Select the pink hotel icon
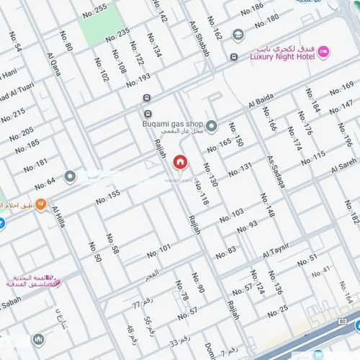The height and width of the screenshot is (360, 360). (324, 51)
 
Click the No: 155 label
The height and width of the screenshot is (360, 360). (108, 195)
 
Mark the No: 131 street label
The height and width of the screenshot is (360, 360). (240, 169)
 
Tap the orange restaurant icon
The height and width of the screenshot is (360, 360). (41, 204)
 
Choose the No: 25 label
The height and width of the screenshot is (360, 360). (277, 310)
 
